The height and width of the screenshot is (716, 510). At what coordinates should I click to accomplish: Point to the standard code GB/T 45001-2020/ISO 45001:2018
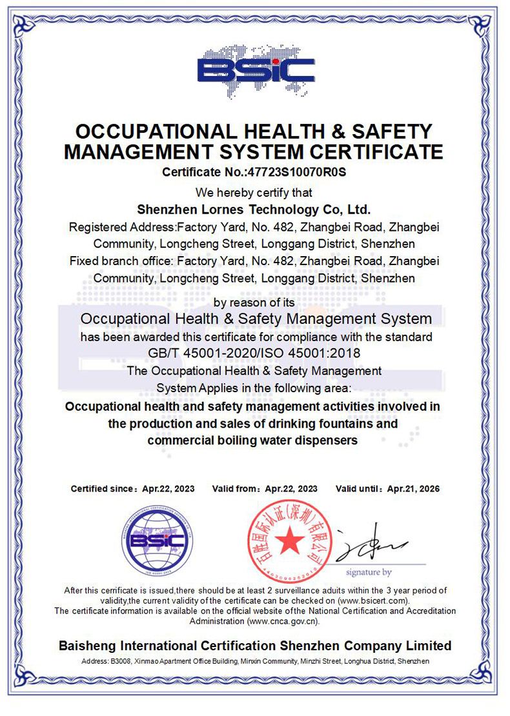pos(254,353)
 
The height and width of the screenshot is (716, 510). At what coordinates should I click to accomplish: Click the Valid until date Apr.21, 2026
pos(413,489)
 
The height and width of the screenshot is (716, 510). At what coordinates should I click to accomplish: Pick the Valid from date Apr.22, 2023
pos(291,489)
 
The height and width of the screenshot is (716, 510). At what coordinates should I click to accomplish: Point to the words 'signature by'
pos(369,572)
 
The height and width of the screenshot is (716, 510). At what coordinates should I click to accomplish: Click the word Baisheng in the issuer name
pos(88,646)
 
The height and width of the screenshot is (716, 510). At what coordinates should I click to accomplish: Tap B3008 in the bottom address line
pos(120,662)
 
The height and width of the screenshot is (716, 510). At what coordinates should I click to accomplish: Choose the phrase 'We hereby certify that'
pos(254,192)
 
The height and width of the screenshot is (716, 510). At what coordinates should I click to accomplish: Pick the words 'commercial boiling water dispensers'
pos(252,441)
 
